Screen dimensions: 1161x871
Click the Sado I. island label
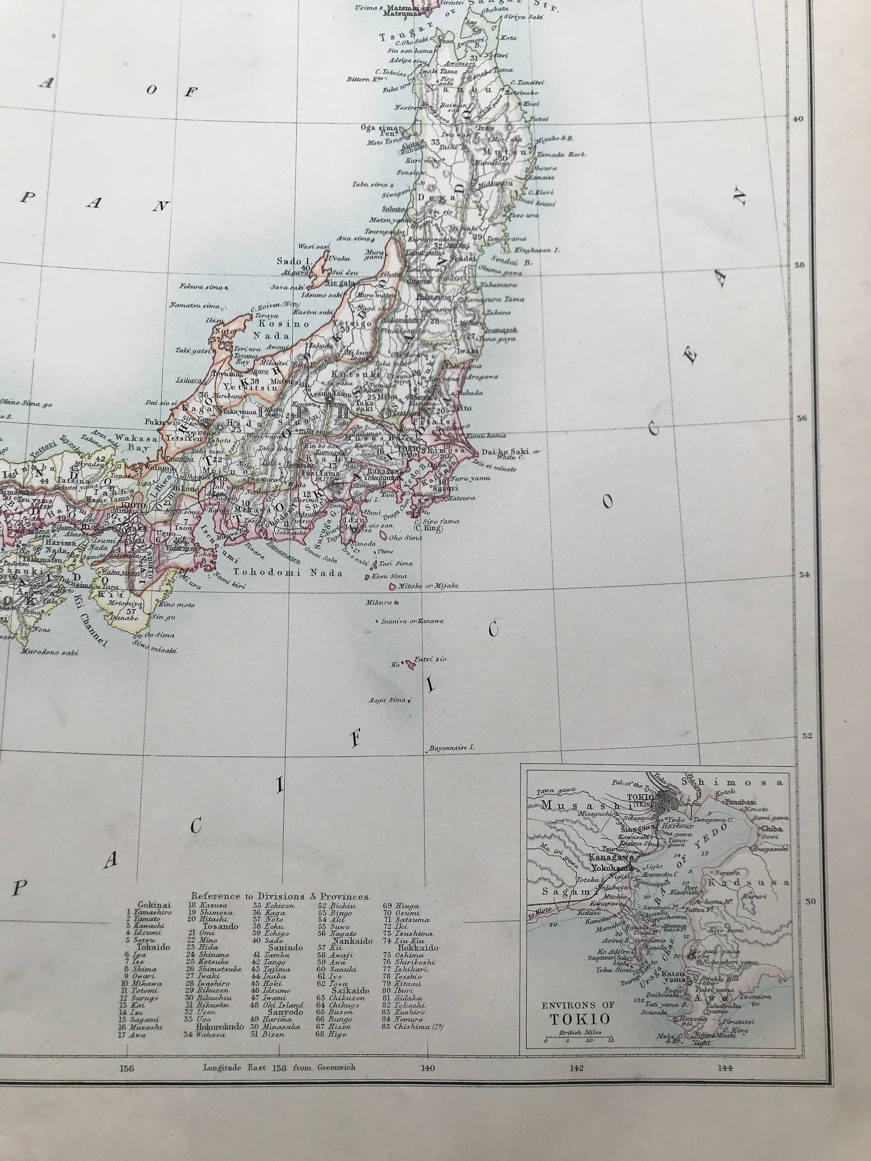coord(293,261)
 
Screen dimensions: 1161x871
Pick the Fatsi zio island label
coord(430,659)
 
